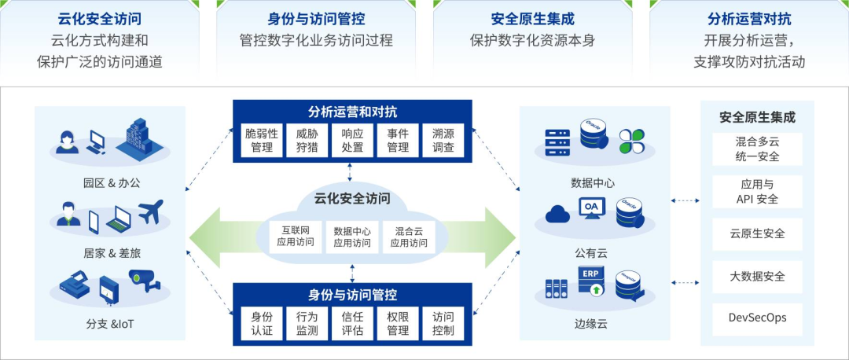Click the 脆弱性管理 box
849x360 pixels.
pos(262,140)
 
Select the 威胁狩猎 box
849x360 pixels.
pos(307,140)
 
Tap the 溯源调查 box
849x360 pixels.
pos(443,140)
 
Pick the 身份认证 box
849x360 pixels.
pos(262,323)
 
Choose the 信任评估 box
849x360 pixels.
pos(352,323)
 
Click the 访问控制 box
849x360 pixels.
pos(443,323)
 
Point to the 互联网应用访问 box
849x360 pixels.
pos(296,237)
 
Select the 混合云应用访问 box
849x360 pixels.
pos(408,237)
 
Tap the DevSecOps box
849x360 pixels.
pos(757,318)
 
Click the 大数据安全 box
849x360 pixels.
pos(757,277)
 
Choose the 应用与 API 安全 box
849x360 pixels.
pos(757,192)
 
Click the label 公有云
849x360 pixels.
pos(591,253)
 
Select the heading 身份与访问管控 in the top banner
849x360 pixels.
pos(316,19)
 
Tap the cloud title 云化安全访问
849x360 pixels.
pos(351,198)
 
